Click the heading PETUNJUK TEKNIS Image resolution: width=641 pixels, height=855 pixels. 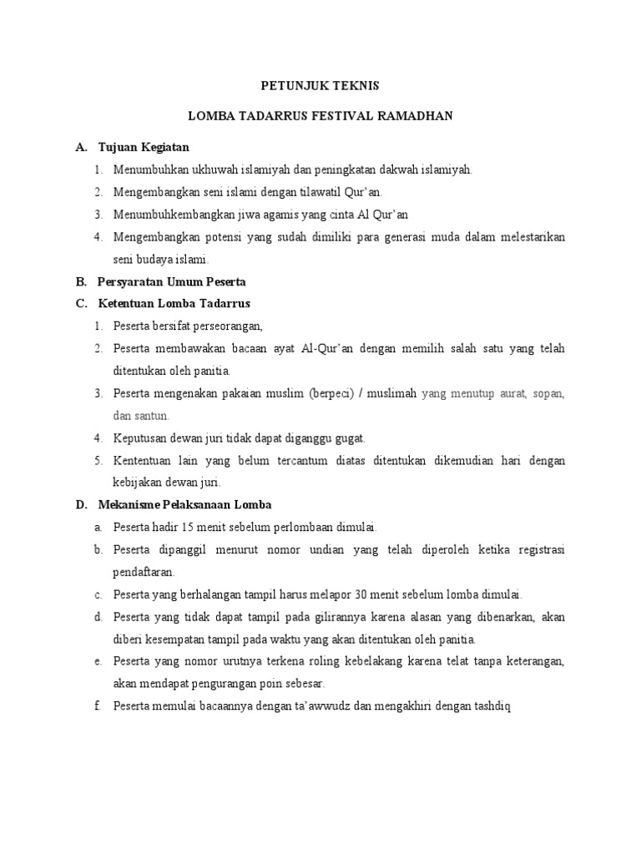click(x=320, y=84)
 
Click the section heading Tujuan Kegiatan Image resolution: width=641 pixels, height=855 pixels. click(x=144, y=147)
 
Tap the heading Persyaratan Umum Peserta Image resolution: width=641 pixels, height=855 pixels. click(x=171, y=281)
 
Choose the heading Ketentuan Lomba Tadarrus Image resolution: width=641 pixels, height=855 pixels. click(x=174, y=303)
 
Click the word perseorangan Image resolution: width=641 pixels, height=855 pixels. click(x=225, y=326)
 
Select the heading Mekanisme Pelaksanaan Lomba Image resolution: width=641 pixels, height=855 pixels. click(x=184, y=505)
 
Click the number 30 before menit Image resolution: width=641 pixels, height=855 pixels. click(x=361, y=594)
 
